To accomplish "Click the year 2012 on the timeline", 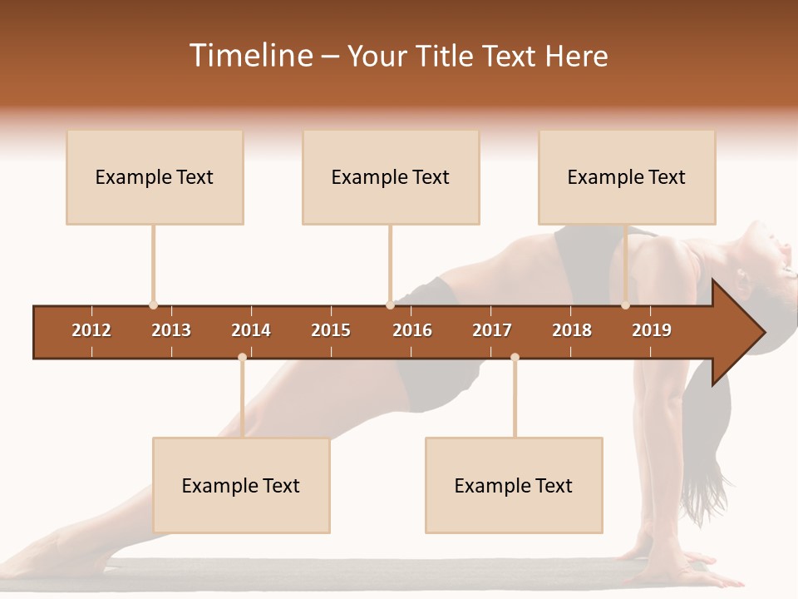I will (91, 330).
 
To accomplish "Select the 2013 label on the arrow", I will (171, 330).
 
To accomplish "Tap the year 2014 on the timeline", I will (251, 330).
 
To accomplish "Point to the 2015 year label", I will (331, 330).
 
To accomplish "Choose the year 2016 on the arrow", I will (412, 330).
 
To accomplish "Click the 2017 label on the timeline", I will (492, 330).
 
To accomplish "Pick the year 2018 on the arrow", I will (572, 330).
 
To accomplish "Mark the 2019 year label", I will (652, 330).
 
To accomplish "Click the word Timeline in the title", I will (249, 56).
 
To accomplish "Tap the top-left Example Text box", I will (155, 177).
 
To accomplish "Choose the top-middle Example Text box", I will (391, 177).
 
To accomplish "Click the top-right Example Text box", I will (627, 177).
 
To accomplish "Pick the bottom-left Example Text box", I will (241, 486).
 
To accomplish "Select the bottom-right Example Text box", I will (514, 486).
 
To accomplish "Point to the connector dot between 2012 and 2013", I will (153, 305).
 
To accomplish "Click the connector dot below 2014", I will (242, 357).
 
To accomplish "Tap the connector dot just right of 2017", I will (515, 357).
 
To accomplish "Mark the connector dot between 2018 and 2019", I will (625, 305).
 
